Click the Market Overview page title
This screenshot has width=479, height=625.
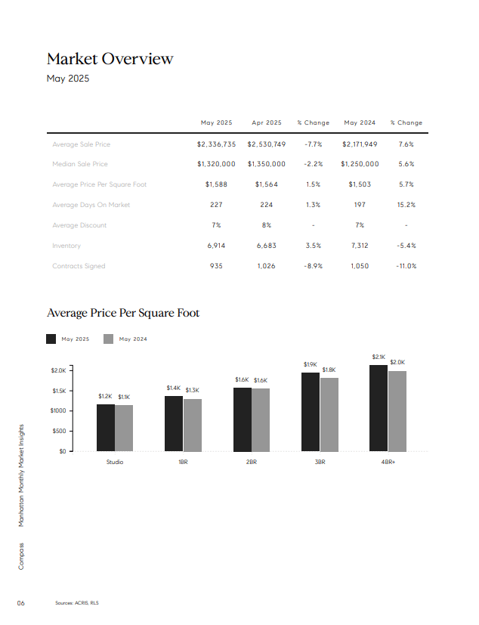point(110,59)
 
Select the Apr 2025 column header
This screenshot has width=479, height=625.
point(267,122)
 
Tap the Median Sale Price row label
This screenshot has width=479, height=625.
point(80,164)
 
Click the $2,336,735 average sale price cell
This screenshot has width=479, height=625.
point(216,144)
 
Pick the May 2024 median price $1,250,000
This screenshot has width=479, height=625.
point(360,164)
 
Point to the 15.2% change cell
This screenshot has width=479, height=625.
point(406,205)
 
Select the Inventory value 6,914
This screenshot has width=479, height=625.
point(216,246)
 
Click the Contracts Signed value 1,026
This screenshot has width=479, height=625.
point(266,266)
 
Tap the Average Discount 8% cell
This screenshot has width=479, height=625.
point(267,225)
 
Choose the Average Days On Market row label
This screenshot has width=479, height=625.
point(91,205)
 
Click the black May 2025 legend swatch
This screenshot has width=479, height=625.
point(51,339)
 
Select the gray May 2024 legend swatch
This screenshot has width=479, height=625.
point(108,339)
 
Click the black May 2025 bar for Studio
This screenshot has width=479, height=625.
point(106,428)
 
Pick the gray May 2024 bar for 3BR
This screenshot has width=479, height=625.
point(329,415)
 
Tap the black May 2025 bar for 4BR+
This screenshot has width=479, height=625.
point(379,408)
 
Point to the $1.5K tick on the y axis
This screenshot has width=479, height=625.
point(60,391)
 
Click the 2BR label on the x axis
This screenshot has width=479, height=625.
point(252,462)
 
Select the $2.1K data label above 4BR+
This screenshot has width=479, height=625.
point(379,357)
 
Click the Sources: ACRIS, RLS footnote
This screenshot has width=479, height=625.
point(77,603)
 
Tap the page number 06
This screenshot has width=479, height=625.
point(20,603)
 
